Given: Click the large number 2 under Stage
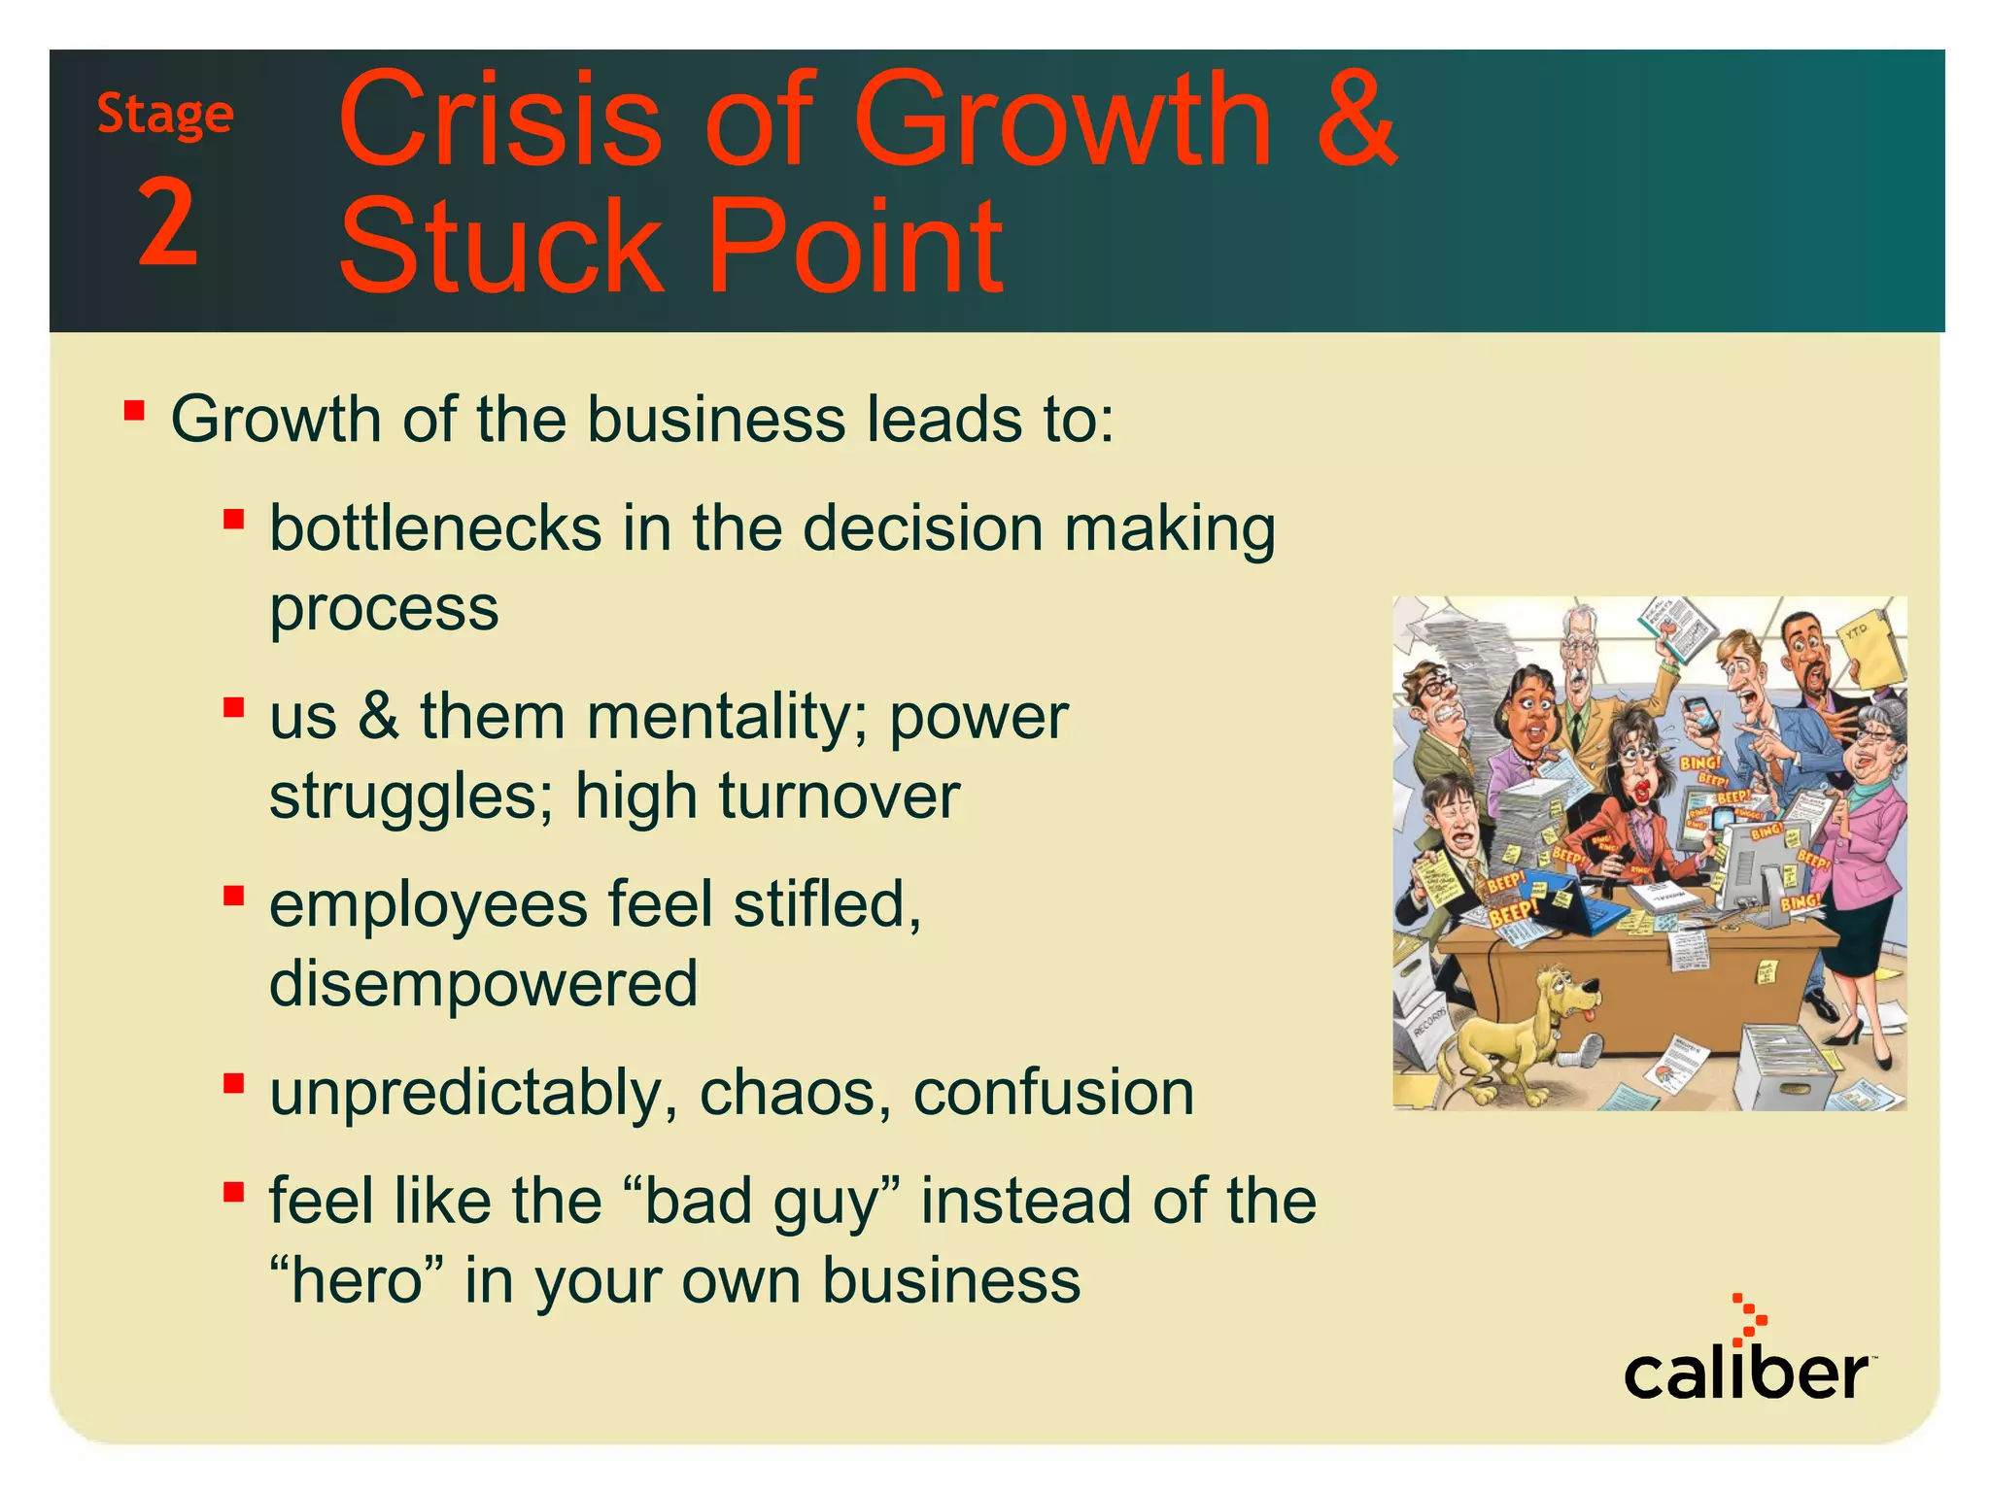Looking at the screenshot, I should click(168, 222).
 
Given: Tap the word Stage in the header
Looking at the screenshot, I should click(165, 116).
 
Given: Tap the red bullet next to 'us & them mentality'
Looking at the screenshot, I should click(233, 707).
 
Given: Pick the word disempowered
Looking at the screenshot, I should click(483, 983).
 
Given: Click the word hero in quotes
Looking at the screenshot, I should click(358, 1280).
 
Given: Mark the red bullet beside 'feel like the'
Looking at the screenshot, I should click(233, 1191).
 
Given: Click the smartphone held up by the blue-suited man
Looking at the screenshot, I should click(1699, 719).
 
